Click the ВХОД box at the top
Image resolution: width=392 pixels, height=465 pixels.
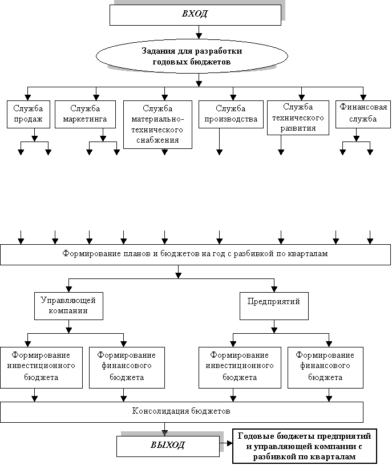[195, 15]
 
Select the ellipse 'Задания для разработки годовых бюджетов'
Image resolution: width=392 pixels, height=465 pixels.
[192, 56]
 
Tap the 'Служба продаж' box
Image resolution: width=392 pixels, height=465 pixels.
[29, 114]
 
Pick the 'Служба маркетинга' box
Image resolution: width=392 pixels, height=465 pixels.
[85, 114]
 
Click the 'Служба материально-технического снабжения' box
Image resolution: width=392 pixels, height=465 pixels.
[157, 124]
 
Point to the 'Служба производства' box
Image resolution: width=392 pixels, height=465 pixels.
[231, 114]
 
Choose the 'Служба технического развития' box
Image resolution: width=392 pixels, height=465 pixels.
[298, 118]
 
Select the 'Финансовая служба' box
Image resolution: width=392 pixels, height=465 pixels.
[363, 114]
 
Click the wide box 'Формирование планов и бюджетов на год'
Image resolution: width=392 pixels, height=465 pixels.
[195, 254]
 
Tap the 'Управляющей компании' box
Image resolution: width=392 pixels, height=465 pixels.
[69, 306]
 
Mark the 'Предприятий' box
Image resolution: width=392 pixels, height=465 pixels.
[274, 306]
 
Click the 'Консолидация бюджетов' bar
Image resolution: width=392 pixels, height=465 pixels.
[181, 412]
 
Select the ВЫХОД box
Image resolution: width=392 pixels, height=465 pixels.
[168, 446]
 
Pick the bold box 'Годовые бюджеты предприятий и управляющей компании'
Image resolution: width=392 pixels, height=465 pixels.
[305, 446]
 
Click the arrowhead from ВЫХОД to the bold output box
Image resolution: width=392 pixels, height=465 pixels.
[230, 443]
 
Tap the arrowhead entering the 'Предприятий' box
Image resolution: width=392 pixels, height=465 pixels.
[274, 289]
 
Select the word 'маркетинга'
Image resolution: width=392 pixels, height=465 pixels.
[85, 119]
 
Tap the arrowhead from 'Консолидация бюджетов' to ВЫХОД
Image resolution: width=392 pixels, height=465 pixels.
[164, 433]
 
